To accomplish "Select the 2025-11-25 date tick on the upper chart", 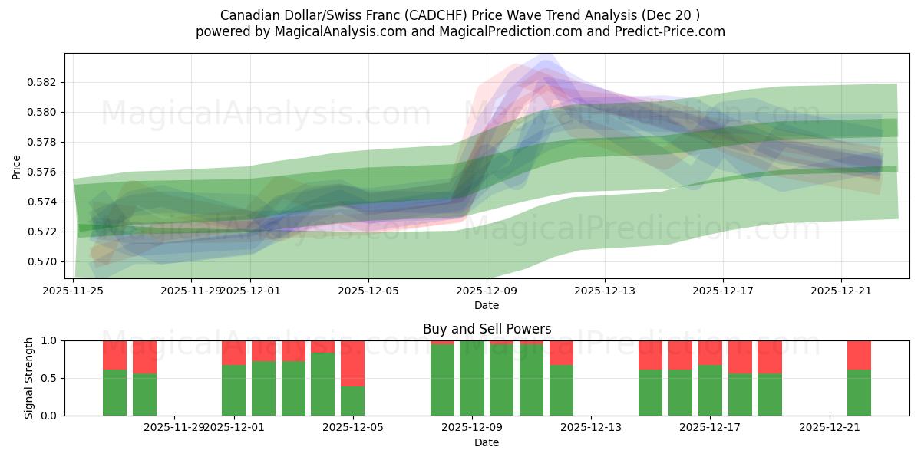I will click(74, 291).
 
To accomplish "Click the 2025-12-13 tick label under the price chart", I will click(605, 291).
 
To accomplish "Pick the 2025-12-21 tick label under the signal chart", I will click(830, 427).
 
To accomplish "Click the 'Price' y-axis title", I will click(17, 166).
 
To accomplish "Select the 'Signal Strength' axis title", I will click(28, 378).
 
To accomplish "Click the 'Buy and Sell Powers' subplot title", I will click(487, 329).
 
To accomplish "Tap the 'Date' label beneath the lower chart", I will click(487, 442).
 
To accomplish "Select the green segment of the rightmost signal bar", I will click(859, 393).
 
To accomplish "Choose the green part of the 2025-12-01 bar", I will click(233, 390).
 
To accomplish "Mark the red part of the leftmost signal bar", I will click(114, 355).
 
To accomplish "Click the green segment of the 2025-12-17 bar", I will click(710, 390).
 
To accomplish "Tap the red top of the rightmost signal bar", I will click(859, 355).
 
